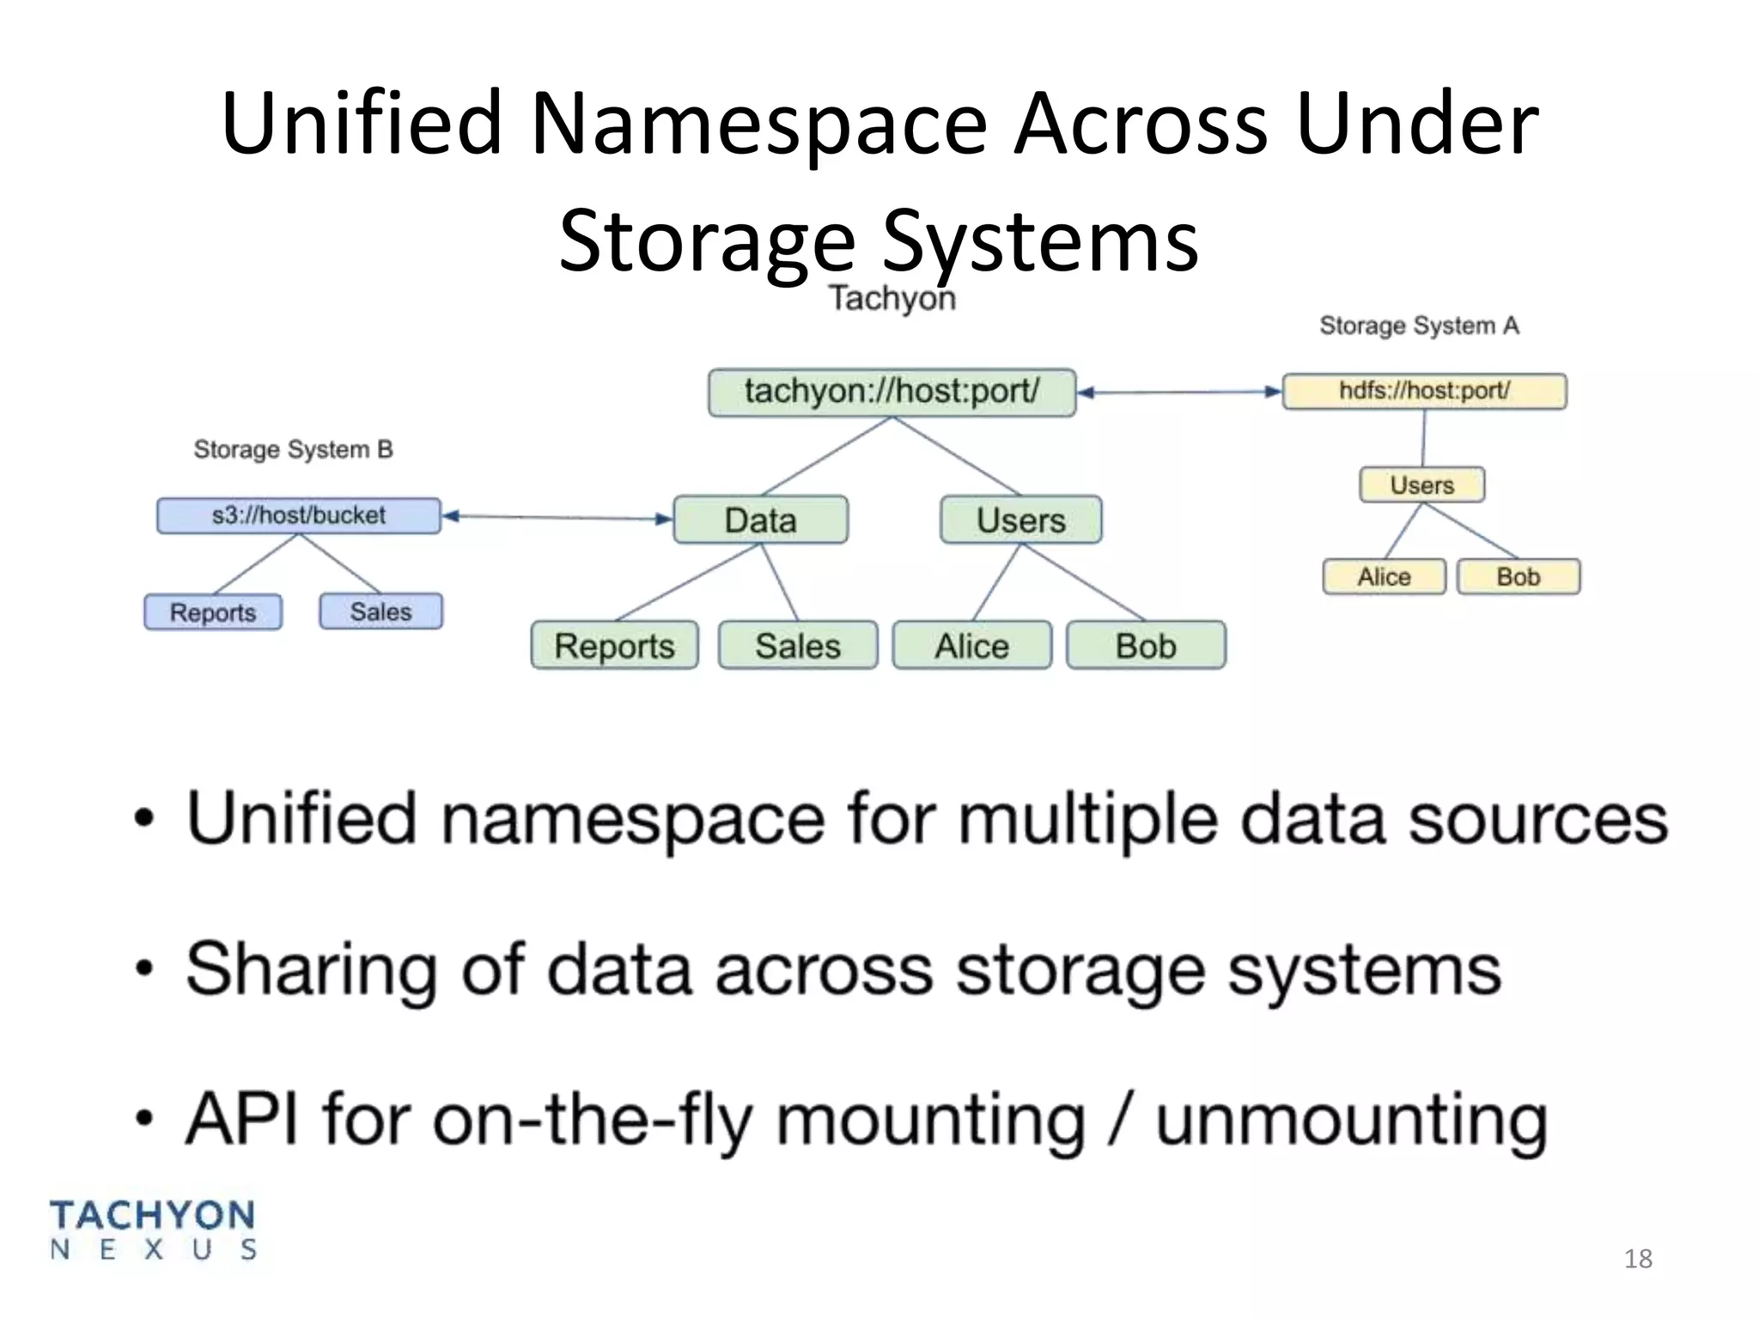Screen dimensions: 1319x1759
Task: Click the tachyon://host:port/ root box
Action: pos(892,392)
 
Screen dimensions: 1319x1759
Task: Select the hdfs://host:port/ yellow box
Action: pos(1424,392)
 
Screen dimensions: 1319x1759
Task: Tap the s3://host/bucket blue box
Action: pos(298,516)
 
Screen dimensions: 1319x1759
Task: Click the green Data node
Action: pos(760,520)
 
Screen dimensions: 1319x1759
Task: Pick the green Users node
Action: pos(1020,520)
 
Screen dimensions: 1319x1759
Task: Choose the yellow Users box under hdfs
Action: pos(1421,485)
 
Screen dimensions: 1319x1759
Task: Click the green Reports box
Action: pos(614,646)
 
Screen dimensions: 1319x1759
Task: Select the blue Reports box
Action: pos(213,612)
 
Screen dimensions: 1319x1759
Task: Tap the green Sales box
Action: pos(798,646)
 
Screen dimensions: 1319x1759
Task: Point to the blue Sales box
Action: pos(380,611)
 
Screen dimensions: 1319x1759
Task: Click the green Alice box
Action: pos(971,646)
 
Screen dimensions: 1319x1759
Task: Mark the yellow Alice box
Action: pos(1384,577)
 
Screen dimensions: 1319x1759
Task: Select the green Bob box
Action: pos(1146,646)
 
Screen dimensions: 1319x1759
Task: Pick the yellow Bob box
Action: pos(1519,577)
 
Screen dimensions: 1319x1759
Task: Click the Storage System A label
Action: pos(1419,326)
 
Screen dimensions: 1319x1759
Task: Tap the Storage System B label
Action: pos(293,450)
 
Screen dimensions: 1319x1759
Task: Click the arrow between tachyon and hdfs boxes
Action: pos(1179,392)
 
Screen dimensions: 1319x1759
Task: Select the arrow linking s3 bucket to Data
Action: pos(557,518)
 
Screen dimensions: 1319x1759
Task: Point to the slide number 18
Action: pos(1638,1259)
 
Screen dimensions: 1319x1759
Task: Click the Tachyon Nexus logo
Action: pos(153,1231)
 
